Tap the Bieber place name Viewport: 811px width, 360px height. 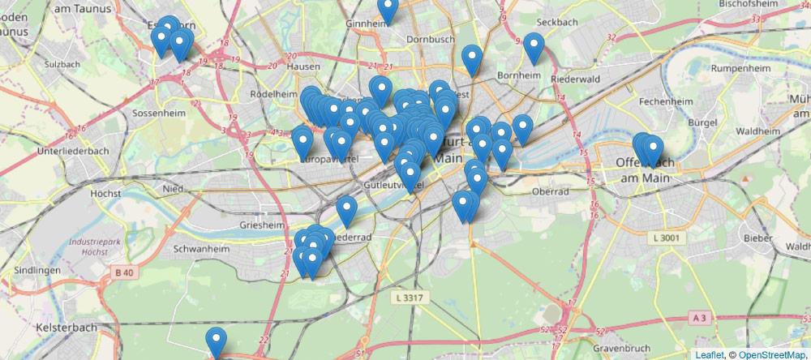coord(757,240)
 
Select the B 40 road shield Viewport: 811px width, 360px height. coord(124,273)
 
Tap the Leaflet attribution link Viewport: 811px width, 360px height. coord(709,354)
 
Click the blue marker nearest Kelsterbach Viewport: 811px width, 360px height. coord(216,341)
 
